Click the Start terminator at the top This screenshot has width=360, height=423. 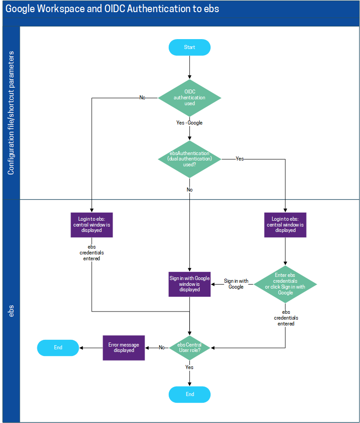point(189,47)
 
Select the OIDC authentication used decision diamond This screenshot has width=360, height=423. point(189,98)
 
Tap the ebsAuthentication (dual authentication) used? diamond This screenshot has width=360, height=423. point(189,159)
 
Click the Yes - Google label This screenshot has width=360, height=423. point(189,123)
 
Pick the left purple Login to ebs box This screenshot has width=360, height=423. point(92,225)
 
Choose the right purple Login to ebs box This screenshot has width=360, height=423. point(285,225)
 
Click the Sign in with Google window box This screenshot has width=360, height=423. point(189,284)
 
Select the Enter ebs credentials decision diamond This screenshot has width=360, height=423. point(285,284)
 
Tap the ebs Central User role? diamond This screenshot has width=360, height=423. point(189,347)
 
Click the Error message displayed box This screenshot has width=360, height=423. point(124,347)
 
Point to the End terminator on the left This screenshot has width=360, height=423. point(58,347)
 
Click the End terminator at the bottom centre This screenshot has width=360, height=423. point(189,394)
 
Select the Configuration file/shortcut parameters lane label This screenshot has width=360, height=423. point(11,113)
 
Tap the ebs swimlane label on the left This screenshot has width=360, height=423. point(11,311)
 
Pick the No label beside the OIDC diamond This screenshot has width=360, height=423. point(142,98)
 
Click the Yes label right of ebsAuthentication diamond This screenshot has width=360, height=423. point(240,159)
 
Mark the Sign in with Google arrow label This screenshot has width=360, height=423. point(236,284)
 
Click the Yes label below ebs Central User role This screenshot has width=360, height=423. point(189,367)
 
